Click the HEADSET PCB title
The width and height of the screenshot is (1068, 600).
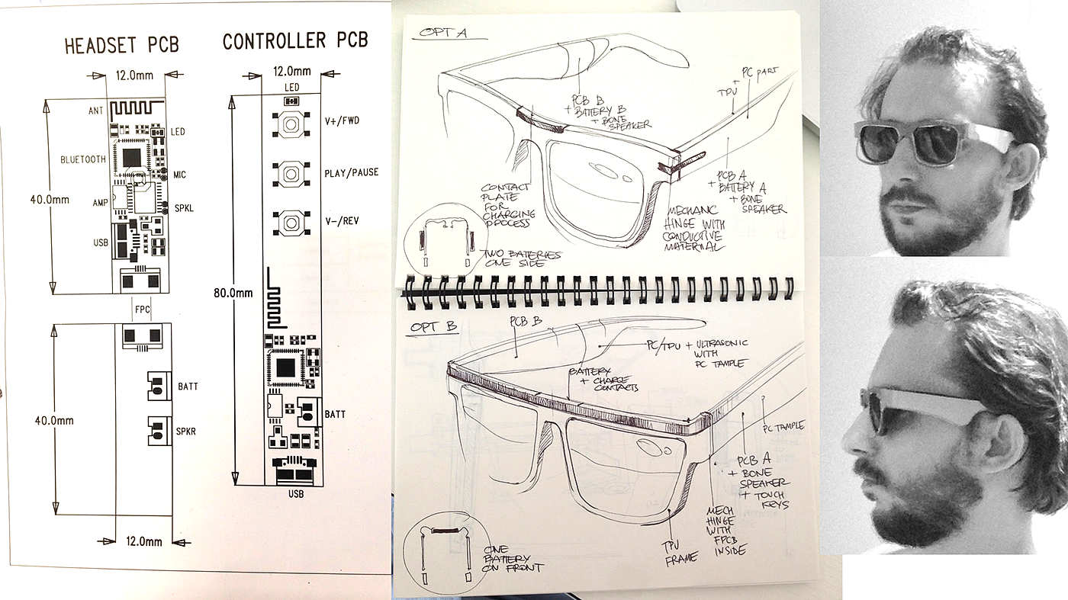[122, 45]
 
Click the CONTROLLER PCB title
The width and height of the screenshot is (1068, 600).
[294, 40]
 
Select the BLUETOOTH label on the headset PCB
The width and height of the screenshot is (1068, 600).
[83, 160]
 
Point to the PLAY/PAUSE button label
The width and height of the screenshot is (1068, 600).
[351, 172]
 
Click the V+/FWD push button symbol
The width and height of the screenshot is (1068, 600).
[290, 124]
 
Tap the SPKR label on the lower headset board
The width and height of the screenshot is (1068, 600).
[187, 432]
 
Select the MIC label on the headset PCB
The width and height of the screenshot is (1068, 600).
[179, 175]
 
